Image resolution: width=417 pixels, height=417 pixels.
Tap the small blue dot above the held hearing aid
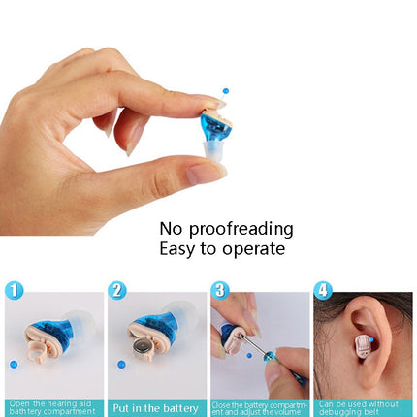226,90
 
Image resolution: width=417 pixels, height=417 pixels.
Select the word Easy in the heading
180,249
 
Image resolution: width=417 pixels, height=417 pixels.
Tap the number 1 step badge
14,290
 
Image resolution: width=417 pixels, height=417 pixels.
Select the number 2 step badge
117,290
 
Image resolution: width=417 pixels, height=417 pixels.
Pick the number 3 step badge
220,290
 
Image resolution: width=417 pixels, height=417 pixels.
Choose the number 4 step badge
323,290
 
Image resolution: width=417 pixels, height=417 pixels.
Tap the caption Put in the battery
155,408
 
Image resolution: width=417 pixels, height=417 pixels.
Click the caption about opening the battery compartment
52,408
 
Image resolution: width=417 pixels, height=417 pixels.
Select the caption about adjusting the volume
258,408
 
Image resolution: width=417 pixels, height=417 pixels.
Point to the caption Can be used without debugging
362,408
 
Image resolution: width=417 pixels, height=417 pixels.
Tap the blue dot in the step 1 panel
14,364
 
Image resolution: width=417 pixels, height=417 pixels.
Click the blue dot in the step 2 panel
121,365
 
